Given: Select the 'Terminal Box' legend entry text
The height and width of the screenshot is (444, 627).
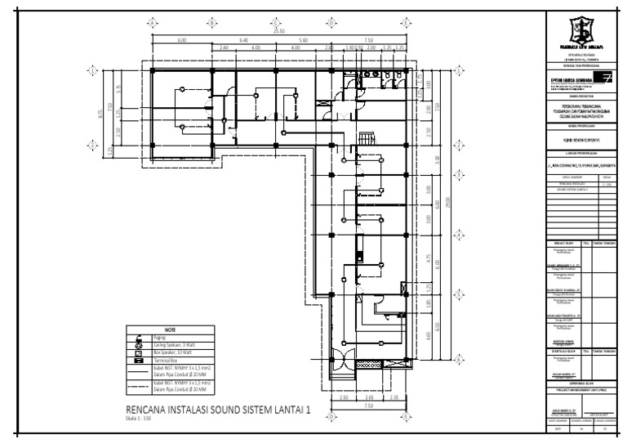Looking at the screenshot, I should pos(168,361).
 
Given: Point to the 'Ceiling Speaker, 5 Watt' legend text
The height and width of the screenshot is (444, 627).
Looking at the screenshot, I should pos(173,345).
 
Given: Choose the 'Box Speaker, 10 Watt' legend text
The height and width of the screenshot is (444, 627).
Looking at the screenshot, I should pos(171,353).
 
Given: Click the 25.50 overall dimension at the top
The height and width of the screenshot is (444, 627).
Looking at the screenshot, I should pos(279,32).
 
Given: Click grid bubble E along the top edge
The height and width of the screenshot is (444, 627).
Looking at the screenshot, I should pos(403,22).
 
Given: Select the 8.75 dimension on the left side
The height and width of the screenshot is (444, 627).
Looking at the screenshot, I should pos(100,112).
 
